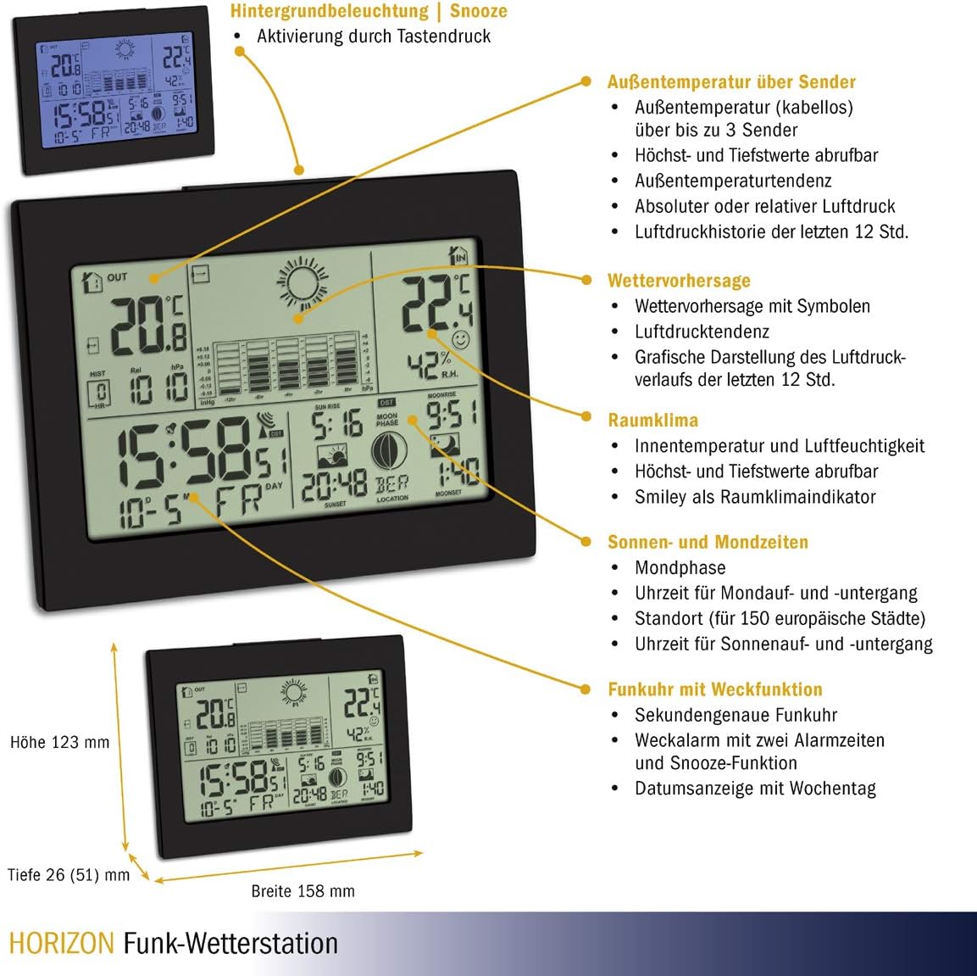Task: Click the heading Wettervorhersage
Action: click(679, 281)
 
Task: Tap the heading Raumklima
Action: click(652, 420)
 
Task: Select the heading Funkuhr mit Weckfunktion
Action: click(715, 689)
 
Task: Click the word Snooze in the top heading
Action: click(479, 11)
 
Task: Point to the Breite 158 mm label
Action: click(303, 891)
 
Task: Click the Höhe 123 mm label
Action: click(59, 742)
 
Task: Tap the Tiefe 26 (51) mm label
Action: click(69, 874)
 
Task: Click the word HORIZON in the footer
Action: click(61, 943)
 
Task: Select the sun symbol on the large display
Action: click(303, 282)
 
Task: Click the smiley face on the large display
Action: click(460, 341)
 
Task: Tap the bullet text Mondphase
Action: click(680, 567)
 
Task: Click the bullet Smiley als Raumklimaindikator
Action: click(755, 497)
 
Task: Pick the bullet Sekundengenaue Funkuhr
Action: click(736, 715)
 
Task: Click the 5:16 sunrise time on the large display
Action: click(336, 424)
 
